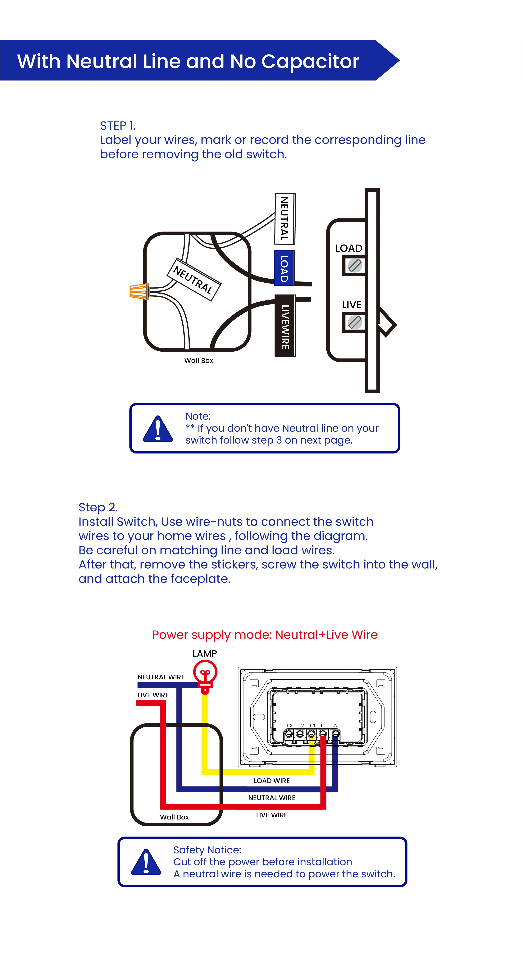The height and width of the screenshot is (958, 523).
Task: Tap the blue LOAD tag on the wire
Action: (x=284, y=268)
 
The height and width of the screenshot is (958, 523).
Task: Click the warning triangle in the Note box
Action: (x=158, y=429)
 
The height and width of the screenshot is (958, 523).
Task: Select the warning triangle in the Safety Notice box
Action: (x=146, y=862)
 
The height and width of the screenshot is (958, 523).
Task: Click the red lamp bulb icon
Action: (x=205, y=675)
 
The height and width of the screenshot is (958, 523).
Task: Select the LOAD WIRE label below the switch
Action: (x=271, y=781)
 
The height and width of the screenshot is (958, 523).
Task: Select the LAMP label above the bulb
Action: (x=205, y=653)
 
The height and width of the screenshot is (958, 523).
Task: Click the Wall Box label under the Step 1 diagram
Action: (x=199, y=360)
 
